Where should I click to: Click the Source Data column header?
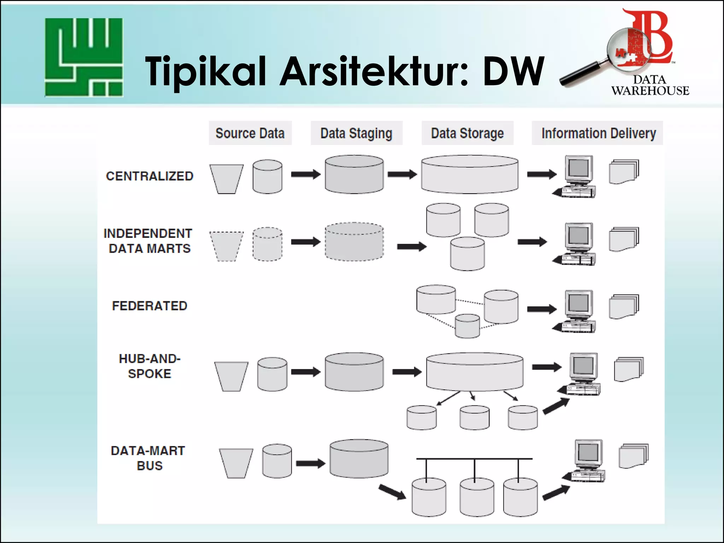tap(250, 133)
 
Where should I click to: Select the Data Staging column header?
tap(356, 133)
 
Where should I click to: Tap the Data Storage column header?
tap(467, 133)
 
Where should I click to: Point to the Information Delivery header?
tap(598, 133)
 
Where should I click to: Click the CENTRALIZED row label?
tap(150, 176)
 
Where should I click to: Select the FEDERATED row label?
tap(150, 306)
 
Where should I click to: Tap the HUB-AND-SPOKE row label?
tap(150, 366)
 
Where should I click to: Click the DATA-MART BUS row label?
tap(148, 458)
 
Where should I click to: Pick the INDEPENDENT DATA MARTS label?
tap(148, 241)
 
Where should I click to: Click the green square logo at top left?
tap(84, 57)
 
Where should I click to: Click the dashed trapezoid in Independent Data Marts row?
tap(226, 246)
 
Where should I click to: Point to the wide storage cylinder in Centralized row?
tap(469, 175)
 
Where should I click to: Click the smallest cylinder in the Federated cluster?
tap(467, 326)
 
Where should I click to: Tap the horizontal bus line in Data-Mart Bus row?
tap(474, 459)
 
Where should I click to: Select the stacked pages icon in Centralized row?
tap(624, 172)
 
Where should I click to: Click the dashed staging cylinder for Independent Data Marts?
tap(354, 242)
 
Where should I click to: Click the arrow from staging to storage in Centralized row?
tap(402, 174)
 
